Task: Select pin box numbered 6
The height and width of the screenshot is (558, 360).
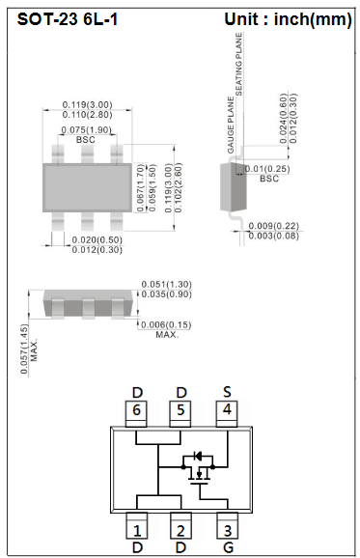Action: [x=137, y=410]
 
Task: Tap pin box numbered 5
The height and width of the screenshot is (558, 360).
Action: [x=180, y=410]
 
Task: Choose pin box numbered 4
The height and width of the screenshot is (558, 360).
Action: [x=226, y=410]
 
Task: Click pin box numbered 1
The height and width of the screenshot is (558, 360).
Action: [x=137, y=530]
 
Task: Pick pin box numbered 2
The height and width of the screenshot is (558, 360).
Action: [x=180, y=530]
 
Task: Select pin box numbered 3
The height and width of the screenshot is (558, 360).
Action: [x=226, y=530]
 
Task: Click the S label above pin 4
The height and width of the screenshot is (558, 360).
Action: [x=226, y=391]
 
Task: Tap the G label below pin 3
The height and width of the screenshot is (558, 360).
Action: [x=226, y=548]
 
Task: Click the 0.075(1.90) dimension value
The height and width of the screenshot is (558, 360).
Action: [x=87, y=129]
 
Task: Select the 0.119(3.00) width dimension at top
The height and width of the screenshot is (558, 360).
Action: [x=87, y=104]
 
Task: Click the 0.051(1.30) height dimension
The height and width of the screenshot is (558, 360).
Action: [x=166, y=284]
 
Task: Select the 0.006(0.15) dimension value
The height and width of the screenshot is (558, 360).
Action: [x=166, y=324]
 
